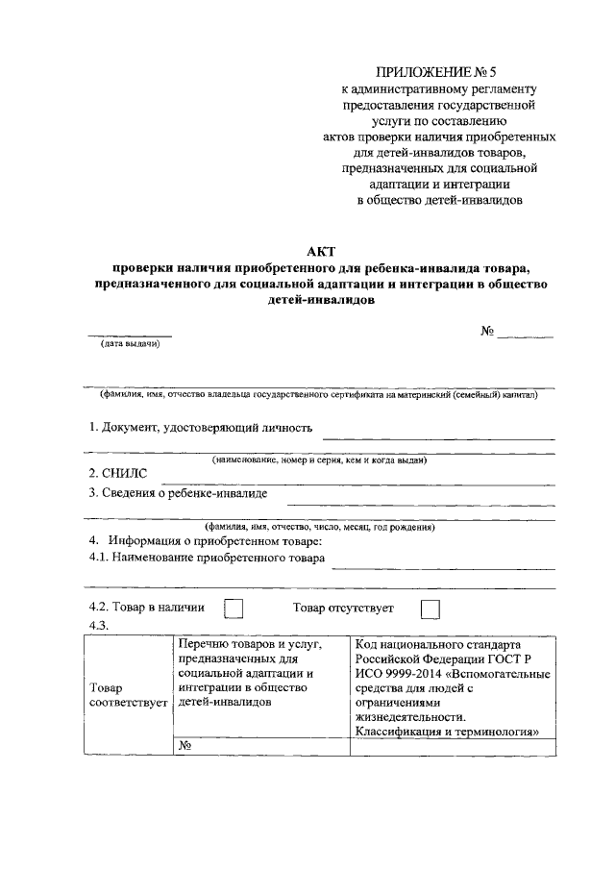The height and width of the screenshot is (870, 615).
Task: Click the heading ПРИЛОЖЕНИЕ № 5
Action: click(x=439, y=72)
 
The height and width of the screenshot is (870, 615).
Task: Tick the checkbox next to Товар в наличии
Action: click(x=234, y=609)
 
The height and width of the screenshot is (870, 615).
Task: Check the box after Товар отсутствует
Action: click(x=430, y=609)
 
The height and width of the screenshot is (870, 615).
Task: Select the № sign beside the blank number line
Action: click(x=487, y=331)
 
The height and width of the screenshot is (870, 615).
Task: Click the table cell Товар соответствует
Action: click(x=126, y=695)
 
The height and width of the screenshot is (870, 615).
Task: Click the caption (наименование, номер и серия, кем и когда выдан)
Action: click(x=319, y=460)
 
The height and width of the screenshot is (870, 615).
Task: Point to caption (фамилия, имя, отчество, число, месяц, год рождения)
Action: click(x=319, y=527)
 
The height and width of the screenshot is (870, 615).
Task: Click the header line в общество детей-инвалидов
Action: click(x=439, y=201)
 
